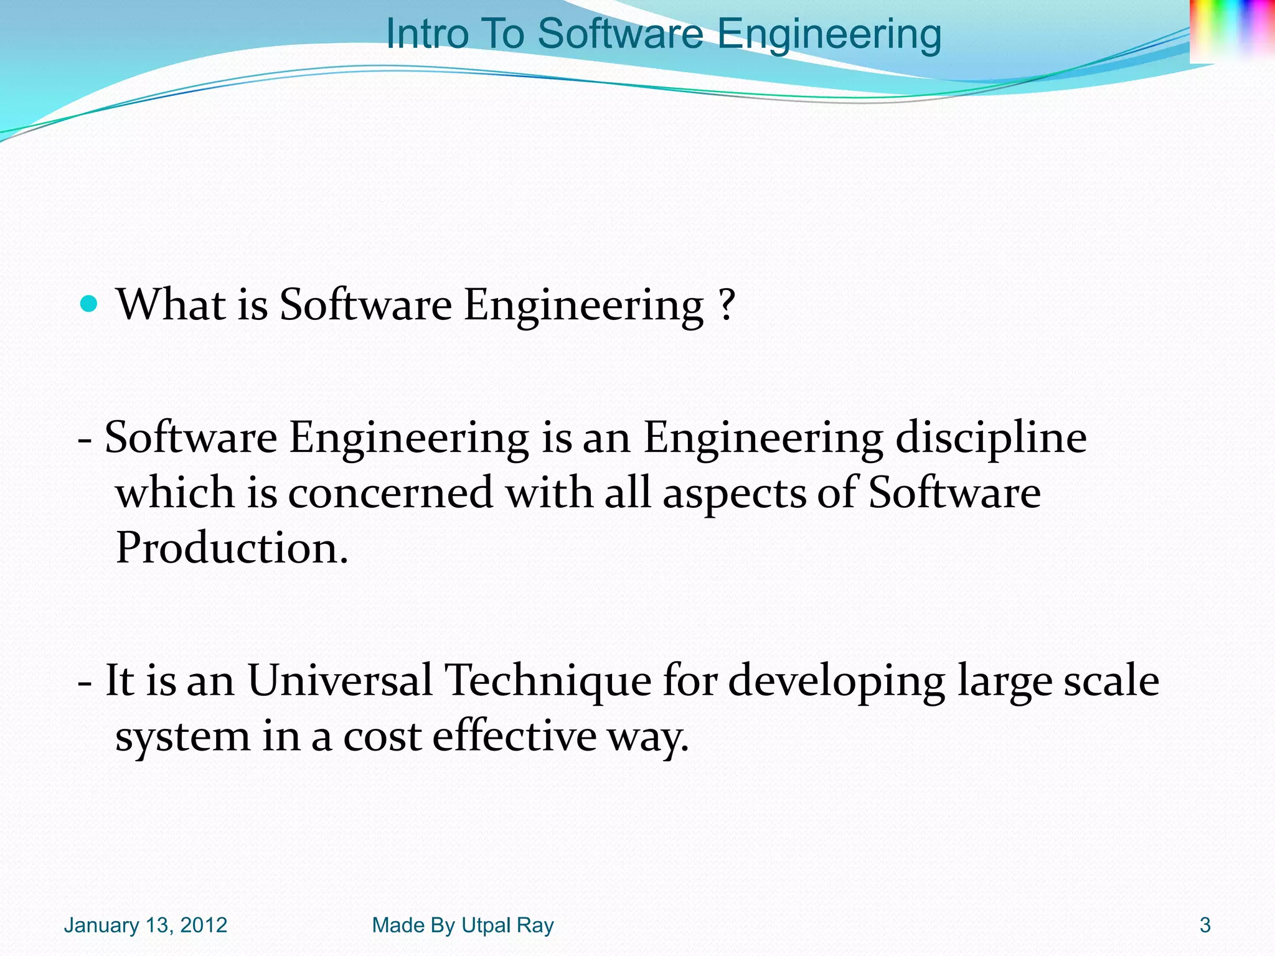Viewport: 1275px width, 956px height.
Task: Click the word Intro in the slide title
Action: (x=426, y=34)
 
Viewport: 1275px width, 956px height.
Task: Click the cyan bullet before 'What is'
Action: (x=90, y=304)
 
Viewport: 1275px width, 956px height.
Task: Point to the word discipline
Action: (x=990, y=438)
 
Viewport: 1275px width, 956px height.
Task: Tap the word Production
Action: (x=231, y=548)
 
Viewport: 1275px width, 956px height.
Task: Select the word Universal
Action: (x=340, y=680)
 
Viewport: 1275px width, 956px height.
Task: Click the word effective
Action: (x=514, y=736)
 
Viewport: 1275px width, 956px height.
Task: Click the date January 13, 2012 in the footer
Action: (x=146, y=926)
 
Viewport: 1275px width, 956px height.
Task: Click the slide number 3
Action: (x=1205, y=926)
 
